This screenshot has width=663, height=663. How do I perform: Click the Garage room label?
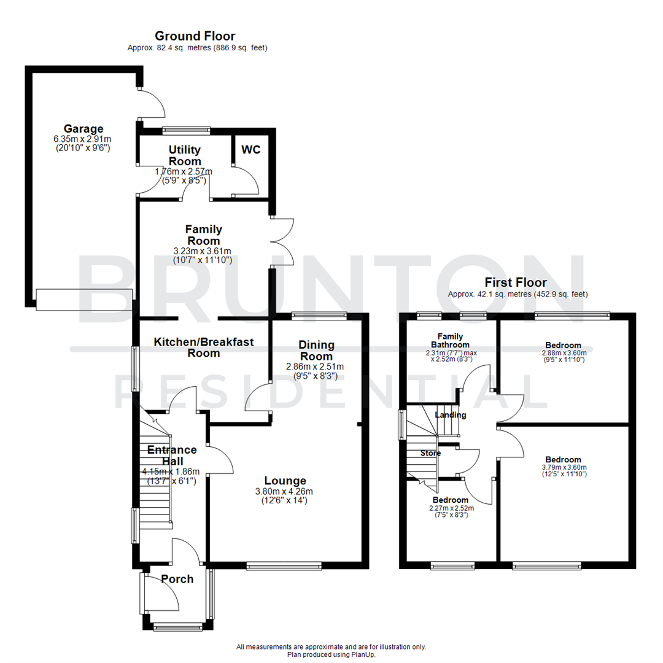point(84,129)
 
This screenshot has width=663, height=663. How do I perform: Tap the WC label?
point(250,149)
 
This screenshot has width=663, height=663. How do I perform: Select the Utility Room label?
point(185,155)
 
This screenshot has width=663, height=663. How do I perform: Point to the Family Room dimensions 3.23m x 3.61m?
point(202,250)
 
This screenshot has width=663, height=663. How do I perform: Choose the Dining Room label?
point(316,351)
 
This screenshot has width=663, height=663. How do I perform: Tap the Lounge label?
point(285,480)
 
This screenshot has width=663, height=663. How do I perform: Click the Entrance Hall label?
point(171,455)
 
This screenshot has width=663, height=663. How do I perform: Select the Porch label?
point(177,579)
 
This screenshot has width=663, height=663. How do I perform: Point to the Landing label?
point(451,415)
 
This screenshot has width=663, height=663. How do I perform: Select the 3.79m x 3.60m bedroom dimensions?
point(564,467)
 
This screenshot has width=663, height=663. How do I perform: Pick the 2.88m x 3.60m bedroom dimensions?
point(564,353)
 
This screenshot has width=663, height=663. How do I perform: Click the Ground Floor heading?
point(195,36)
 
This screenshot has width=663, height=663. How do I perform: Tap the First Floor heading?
point(515,283)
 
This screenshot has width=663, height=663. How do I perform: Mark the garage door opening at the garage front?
point(83,299)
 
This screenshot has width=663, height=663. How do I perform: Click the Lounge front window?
point(284,565)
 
